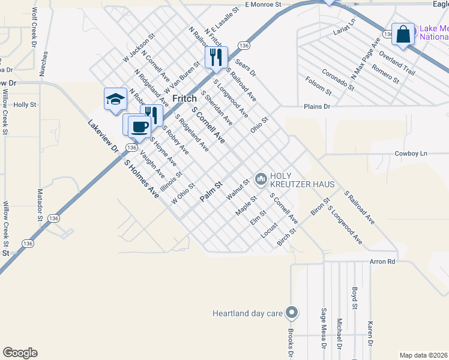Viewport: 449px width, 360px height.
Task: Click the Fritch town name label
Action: (185, 98)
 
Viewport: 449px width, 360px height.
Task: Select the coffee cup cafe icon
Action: (139, 127)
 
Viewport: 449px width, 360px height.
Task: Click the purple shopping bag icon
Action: (403, 34)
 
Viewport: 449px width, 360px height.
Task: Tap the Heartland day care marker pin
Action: (292, 313)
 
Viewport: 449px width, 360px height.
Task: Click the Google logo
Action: (20, 353)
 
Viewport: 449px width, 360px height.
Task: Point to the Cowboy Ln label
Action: (411, 154)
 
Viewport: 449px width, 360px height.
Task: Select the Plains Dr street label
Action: (318, 106)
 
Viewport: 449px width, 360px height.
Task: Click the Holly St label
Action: (25, 104)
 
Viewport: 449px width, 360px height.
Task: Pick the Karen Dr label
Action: (370, 334)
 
